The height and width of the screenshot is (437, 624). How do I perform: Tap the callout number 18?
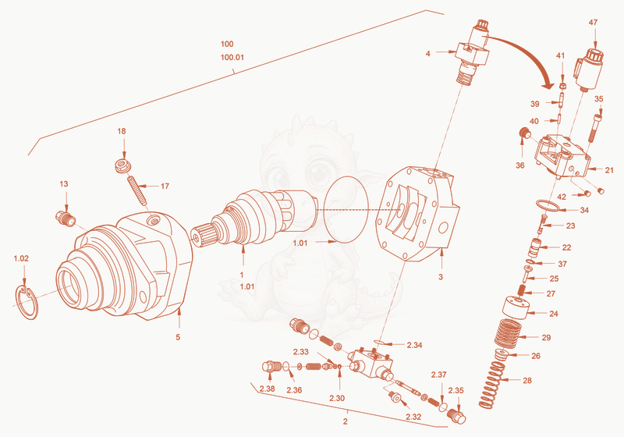click(122, 131)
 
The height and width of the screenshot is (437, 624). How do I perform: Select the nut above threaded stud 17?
click(123, 165)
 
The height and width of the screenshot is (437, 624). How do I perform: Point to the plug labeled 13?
click(65, 218)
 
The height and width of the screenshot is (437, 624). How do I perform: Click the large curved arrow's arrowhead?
click(548, 83)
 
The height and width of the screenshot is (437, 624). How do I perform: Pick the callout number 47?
click(593, 23)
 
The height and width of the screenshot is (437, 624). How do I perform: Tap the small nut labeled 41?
click(562, 86)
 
